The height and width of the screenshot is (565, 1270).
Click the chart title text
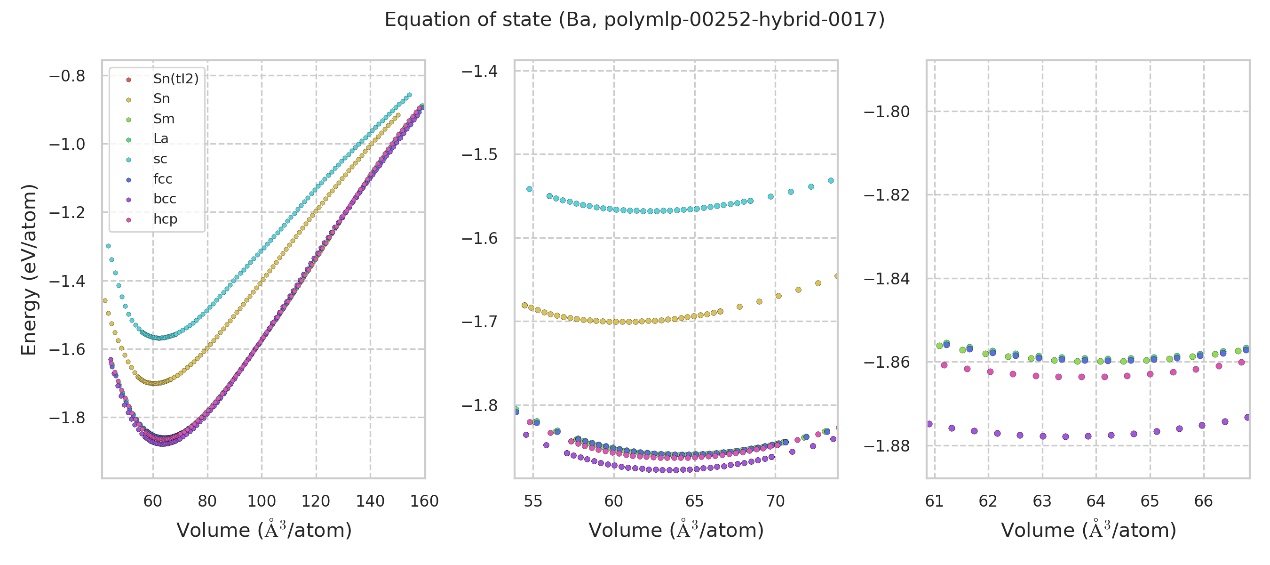(635, 20)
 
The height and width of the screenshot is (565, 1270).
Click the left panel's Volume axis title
(264, 530)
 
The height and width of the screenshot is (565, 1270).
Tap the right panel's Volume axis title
(1088, 530)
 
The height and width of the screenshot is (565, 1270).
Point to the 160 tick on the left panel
(424, 501)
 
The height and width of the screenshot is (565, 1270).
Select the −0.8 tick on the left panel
(67, 76)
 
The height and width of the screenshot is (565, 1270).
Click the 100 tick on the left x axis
(262, 501)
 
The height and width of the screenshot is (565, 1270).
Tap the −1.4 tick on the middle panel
(479, 72)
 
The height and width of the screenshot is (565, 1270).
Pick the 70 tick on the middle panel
(776, 501)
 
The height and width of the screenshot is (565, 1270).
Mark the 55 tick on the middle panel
(533, 501)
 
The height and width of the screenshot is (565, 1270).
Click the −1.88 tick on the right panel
(887, 446)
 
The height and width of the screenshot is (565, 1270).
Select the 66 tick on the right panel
(1204, 501)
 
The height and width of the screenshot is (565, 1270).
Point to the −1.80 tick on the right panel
(887, 112)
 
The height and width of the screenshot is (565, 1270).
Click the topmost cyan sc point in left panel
(409, 95)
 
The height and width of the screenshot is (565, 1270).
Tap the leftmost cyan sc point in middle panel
(530, 189)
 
